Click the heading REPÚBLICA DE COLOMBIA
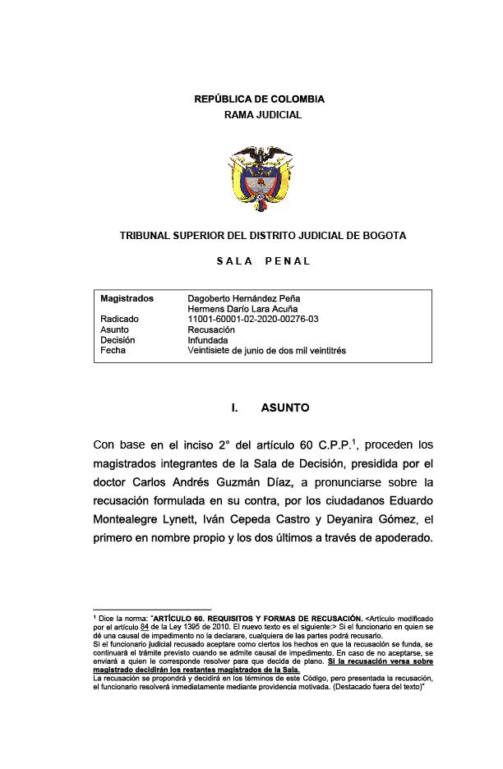pos(259,99)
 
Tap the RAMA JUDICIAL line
pos(263,115)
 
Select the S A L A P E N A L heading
pos(263,261)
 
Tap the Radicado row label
pos(119,319)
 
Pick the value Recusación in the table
pos(211,329)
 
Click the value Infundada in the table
pos(208,340)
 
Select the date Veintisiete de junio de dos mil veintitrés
pos(267,351)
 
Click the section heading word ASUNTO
pos(285,408)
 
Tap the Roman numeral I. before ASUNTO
pos(235,408)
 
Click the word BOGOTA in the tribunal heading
pos(382,236)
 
